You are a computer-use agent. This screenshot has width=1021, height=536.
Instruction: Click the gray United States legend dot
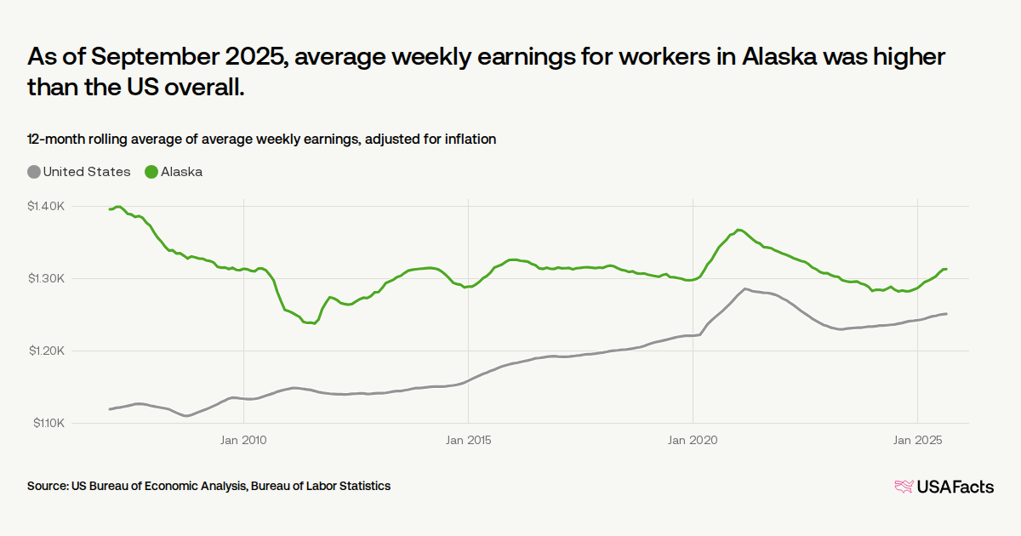[x=34, y=172]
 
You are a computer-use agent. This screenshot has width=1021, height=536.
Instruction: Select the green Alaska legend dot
[x=151, y=172]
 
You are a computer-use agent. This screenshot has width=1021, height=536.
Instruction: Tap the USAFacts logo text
[x=955, y=487]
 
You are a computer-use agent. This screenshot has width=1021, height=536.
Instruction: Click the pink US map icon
[x=903, y=487]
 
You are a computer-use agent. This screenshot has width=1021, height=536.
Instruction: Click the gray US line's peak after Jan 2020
[x=745, y=289]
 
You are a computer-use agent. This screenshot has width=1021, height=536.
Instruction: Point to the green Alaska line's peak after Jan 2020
[x=739, y=230]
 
